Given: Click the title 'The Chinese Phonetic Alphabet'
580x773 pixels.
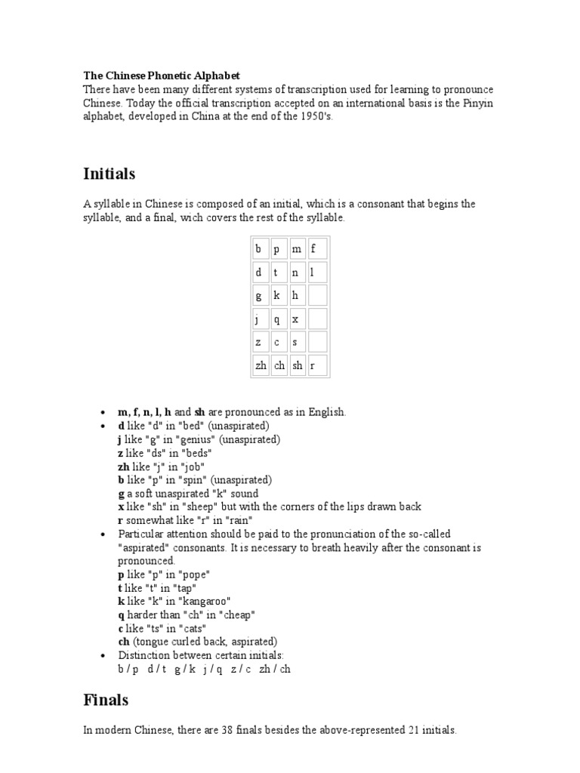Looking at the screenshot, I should coord(161,75).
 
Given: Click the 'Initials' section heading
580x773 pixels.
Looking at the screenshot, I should coord(109,174).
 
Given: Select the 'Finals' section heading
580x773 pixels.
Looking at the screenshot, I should coord(106,700).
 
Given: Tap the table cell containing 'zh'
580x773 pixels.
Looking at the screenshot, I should coord(261,365).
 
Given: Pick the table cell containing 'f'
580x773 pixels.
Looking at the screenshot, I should coord(316,248).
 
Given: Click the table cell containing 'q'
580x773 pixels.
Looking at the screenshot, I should coord(279,319).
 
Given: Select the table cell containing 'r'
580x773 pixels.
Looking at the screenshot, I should coord(316,365).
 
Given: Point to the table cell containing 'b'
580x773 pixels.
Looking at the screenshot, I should coord(261,248).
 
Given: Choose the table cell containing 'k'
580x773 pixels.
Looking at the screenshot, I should coord(279,295).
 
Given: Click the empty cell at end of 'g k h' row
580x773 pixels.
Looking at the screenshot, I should coord(316,295).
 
